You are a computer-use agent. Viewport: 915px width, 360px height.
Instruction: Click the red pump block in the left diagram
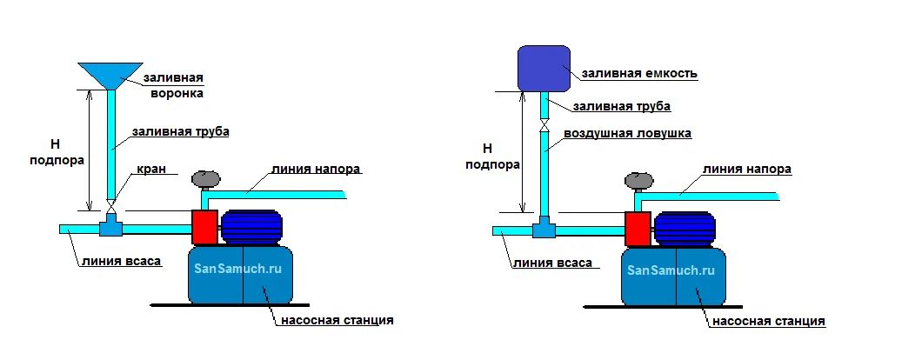pyautogui.click(x=204, y=227)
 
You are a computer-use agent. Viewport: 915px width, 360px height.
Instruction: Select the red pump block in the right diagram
pyautogui.click(x=638, y=228)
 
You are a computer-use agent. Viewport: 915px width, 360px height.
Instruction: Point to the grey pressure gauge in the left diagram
pyautogui.click(x=207, y=179)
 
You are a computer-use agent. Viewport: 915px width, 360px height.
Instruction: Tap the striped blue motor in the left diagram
pyautogui.click(x=253, y=228)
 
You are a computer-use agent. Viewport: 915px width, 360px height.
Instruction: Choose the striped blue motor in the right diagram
pyautogui.click(x=685, y=229)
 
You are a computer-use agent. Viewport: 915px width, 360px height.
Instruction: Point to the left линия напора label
pyautogui.click(x=315, y=169)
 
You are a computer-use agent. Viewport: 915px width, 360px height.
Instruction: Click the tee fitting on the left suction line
pyautogui.click(x=110, y=229)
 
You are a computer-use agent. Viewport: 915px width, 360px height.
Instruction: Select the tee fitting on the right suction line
pyautogui.click(x=544, y=230)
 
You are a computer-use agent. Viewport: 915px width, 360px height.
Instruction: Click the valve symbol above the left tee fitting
pyautogui.click(x=110, y=206)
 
